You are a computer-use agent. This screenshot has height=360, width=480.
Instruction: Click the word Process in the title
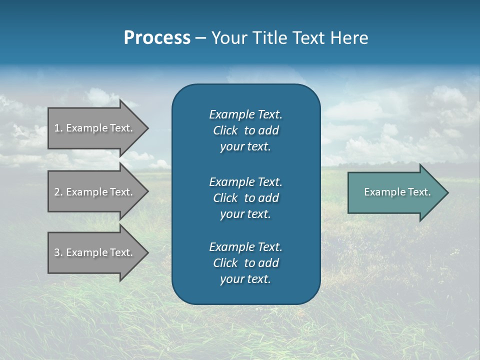(x=157, y=38)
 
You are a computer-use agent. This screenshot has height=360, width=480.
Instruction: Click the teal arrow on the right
(x=395, y=192)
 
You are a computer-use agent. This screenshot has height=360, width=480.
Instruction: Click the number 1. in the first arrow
(x=58, y=128)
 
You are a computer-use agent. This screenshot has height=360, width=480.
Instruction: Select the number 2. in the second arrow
(x=58, y=192)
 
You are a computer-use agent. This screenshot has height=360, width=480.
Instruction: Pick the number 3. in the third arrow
(x=58, y=252)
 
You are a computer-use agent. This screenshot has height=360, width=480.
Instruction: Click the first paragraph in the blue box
(x=245, y=130)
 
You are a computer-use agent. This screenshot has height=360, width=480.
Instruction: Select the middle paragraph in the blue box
(x=245, y=198)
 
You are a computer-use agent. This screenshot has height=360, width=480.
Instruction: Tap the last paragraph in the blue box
(x=245, y=263)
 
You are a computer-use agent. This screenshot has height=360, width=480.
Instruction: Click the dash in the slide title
(x=201, y=38)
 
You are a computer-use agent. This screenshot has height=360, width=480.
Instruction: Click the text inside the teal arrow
(x=397, y=192)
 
